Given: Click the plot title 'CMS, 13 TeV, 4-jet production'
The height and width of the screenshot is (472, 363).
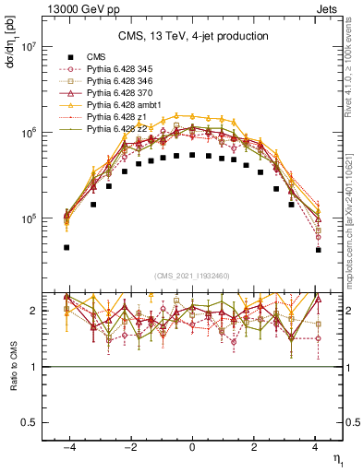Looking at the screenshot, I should [x=192, y=36].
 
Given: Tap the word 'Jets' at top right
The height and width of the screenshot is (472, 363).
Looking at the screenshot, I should [x=329, y=10].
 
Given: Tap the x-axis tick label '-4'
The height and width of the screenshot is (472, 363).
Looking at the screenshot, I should [x=68, y=446].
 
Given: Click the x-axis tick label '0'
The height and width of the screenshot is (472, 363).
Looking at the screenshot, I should [x=192, y=446].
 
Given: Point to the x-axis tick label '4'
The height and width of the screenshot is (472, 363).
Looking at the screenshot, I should [x=315, y=446].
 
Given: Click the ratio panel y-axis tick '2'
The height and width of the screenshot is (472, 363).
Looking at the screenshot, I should [x=32, y=311].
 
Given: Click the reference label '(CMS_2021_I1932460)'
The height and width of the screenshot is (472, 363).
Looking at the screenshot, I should [x=192, y=276].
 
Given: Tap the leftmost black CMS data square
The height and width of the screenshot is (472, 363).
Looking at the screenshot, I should [x=67, y=247].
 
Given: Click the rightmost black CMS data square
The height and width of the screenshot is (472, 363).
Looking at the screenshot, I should [x=318, y=250].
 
